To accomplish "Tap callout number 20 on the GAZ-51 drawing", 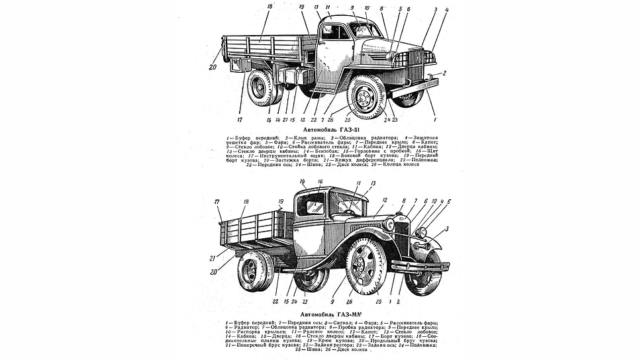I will pyautogui.click(x=214, y=67).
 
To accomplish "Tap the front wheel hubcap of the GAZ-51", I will pyautogui.click(x=364, y=97).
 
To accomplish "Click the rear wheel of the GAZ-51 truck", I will pyautogui.click(x=261, y=87).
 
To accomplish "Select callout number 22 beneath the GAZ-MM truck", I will pyautogui.click(x=276, y=302).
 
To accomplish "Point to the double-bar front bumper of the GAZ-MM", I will pyautogui.click(x=420, y=266).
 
